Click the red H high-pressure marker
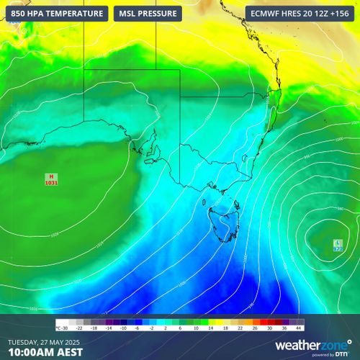pos(51,176)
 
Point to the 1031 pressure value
pos(51,184)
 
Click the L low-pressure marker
pos(338,243)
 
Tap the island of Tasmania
pos(221,222)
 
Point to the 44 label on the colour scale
pos(299,329)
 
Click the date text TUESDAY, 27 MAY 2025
pos(45,341)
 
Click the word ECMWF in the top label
pos(264,14)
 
